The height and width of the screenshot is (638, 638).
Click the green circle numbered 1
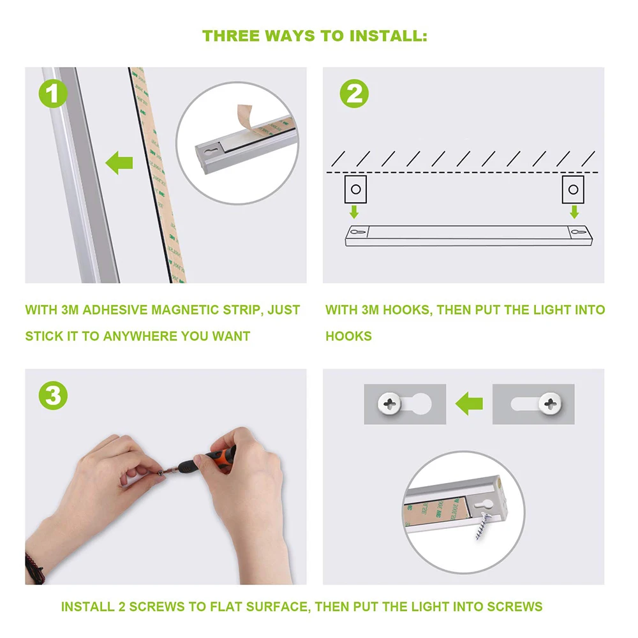click(x=53, y=94)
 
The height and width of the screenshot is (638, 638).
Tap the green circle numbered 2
click(x=354, y=94)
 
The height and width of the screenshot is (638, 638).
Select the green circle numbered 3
click(x=53, y=396)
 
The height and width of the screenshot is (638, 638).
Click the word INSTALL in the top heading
click(x=388, y=36)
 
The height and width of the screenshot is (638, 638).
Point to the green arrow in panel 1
click(x=119, y=163)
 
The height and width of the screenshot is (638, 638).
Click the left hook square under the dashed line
click(x=355, y=189)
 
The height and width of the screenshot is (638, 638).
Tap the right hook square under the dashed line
click(x=573, y=189)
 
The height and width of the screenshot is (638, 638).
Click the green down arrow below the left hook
click(x=354, y=212)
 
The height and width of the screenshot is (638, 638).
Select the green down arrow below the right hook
click(x=574, y=212)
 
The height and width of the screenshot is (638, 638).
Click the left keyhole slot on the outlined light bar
click(x=358, y=232)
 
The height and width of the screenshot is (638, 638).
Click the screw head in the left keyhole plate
click(x=389, y=404)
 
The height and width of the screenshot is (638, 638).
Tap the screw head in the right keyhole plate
click(x=550, y=404)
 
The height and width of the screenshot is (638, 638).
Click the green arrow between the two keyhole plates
click(x=469, y=404)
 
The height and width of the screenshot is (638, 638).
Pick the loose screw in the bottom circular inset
click(x=484, y=526)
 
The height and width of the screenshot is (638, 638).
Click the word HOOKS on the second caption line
click(x=349, y=336)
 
